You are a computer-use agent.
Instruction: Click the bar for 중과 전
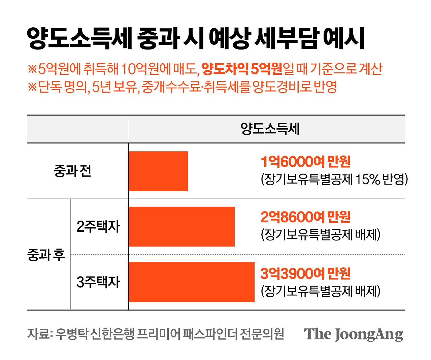pos(158,171)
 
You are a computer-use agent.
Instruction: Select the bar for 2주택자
pos(181,227)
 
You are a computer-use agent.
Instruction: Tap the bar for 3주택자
pos(191,282)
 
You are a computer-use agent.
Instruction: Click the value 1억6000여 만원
pos(305,162)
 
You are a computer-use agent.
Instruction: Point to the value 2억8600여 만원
pos(305,217)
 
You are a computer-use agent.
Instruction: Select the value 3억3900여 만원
pos(305,273)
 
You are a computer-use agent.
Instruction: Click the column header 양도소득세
pos(270,129)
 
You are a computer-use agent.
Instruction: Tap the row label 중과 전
pos(72,171)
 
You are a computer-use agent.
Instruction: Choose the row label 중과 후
pos(46,255)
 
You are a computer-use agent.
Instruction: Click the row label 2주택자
pos(98,227)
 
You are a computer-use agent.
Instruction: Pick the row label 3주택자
pos(98,282)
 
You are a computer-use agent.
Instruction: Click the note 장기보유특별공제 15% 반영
pos(334,179)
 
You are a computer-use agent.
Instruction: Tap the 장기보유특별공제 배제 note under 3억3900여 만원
pos(320,291)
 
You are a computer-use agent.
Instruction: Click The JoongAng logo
pos(353,334)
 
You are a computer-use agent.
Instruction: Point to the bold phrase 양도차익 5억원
pos(242,69)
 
